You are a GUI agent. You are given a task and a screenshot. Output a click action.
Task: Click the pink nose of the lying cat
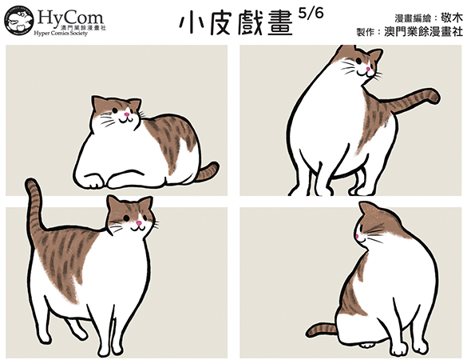pyautogui.click(x=127, y=114)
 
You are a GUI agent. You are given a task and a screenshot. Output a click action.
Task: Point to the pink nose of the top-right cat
pyautogui.click(x=368, y=69)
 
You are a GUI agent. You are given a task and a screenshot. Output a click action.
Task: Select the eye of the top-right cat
pyautogui.click(x=359, y=61)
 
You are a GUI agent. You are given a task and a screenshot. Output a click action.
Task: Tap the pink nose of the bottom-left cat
pyautogui.click(x=139, y=223)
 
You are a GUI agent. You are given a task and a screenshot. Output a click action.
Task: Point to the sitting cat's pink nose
pyautogui.click(x=357, y=237)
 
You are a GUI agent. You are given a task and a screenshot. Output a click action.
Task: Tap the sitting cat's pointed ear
pyautogui.click(x=364, y=207)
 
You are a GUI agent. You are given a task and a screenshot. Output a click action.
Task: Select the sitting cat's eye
pyautogui.click(x=361, y=228)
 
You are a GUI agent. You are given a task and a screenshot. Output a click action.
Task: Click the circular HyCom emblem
pyautogui.click(x=19, y=20)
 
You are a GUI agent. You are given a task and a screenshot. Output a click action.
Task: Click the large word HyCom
pyautogui.click(x=70, y=18)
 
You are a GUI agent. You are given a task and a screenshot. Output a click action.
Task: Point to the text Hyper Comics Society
pyautogui.click(x=61, y=33)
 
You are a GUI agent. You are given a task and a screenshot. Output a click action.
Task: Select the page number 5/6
pyautogui.click(x=311, y=14)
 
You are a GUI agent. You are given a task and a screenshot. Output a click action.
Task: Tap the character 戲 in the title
pyautogui.click(x=251, y=24)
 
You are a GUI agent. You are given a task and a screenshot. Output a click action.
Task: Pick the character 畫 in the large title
pyautogui.click(x=279, y=24)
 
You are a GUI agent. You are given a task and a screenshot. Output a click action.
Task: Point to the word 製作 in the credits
pyautogui.click(x=366, y=32)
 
